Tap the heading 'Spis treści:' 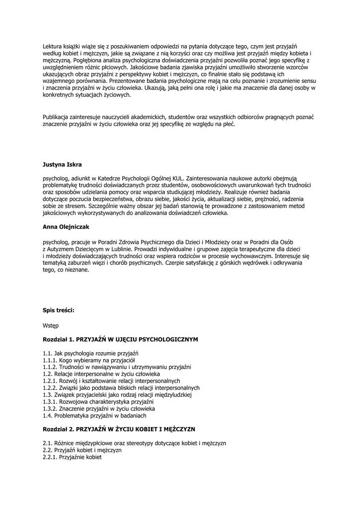pos(59,311)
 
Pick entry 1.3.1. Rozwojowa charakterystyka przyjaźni pos(98,402)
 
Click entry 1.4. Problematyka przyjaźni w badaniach pos(94,416)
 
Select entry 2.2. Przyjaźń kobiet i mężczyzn pos(82,450)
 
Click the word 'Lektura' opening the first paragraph pos(53,46)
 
